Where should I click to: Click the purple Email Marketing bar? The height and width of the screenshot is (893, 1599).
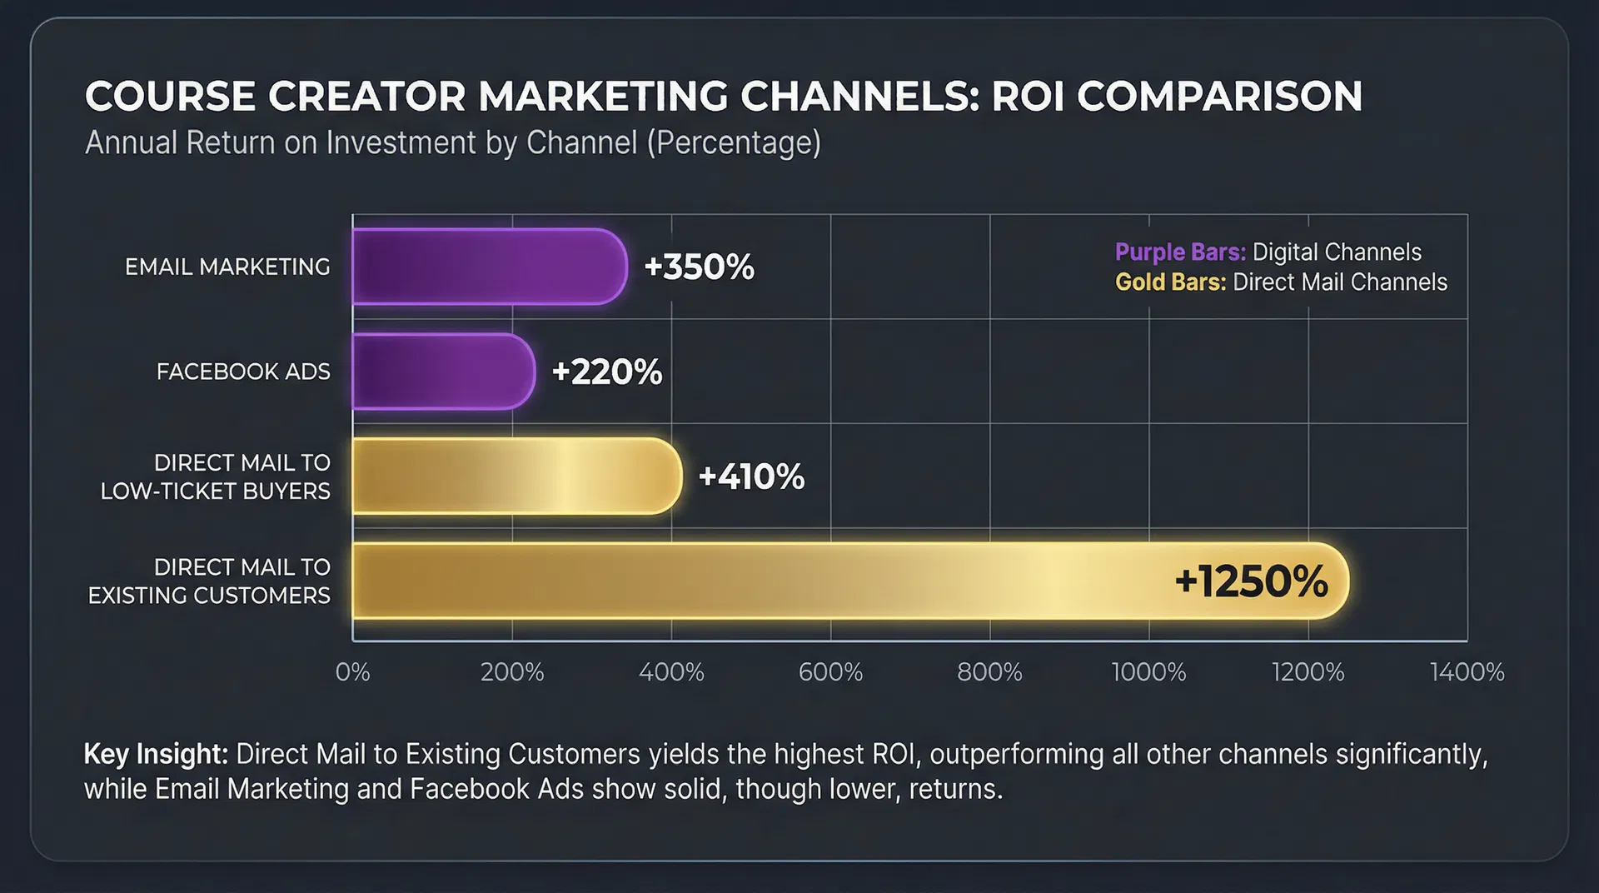pyautogui.click(x=489, y=267)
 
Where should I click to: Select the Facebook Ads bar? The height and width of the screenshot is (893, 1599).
pyautogui.click(x=443, y=372)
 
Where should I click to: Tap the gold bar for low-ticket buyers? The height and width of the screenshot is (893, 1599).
pyautogui.click(x=516, y=476)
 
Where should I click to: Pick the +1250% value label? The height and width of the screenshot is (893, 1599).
pyautogui.click(x=1251, y=581)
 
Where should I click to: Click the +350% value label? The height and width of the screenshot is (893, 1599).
pyautogui.click(x=699, y=267)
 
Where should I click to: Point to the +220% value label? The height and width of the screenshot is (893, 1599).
pyautogui.click(x=606, y=372)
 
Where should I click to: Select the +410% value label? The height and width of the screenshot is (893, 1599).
pyautogui.click(x=751, y=476)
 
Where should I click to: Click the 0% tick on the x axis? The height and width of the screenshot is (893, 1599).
pyautogui.click(x=352, y=672)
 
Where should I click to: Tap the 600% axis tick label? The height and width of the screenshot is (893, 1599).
pyautogui.click(x=830, y=672)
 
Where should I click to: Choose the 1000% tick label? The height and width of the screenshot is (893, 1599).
pyautogui.click(x=1148, y=672)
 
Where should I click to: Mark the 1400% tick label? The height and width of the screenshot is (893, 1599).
pyautogui.click(x=1467, y=672)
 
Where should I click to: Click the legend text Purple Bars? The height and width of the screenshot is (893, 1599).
pyautogui.click(x=1180, y=252)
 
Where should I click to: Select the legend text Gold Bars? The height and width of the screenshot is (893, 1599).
pyautogui.click(x=1170, y=282)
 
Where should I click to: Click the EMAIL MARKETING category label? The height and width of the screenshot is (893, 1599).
pyautogui.click(x=227, y=267)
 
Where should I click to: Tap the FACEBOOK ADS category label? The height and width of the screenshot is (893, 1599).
pyautogui.click(x=243, y=372)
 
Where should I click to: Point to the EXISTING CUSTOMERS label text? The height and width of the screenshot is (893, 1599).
pyautogui.click(x=209, y=596)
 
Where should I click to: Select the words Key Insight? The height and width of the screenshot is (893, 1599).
pyautogui.click(x=156, y=754)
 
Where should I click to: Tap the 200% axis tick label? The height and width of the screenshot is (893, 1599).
pyautogui.click(x=511, y=672)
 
